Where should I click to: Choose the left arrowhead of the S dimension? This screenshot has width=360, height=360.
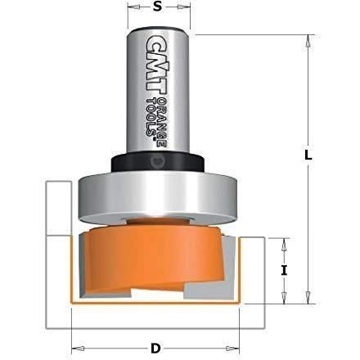pyautogui.click(x=130, y=13)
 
